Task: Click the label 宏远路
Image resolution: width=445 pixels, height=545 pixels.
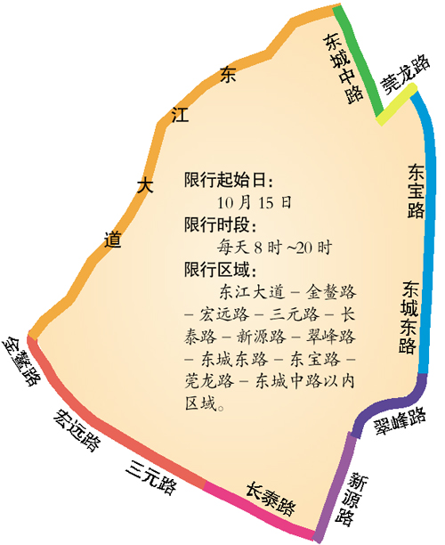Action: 75,430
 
